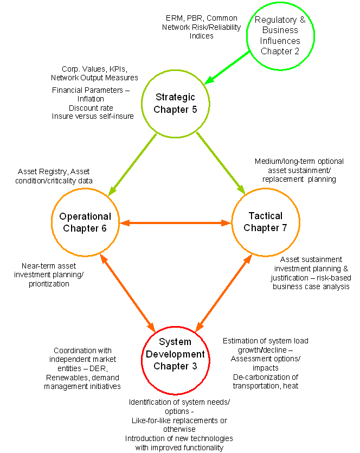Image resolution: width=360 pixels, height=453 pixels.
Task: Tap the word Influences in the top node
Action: tap(280, 41)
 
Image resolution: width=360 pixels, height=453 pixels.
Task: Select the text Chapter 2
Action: tap(280, 51)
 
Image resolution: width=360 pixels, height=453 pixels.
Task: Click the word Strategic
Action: tap(175, 98)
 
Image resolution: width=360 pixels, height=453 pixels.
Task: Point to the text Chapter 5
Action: tap(175, 110)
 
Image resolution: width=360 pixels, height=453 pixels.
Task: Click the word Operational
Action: tap(85, 216)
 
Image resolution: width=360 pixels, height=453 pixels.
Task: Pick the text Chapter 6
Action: tap(85, 228)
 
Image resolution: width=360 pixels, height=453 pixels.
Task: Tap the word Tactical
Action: tap(266, 216)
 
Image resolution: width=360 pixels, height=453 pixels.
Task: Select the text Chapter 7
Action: tap(266, 228)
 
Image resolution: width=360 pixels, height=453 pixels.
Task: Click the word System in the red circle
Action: tap(175, 342)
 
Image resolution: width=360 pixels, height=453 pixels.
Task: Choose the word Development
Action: tap(175, 354)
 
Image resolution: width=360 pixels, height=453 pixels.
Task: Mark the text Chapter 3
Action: tap(175, 366)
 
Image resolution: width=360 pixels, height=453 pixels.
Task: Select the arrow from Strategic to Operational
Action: tap(133, 164)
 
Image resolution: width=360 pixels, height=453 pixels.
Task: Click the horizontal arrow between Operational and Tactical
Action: tap(175, 223)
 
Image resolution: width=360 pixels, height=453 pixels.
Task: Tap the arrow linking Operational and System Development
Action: tap(128, 294)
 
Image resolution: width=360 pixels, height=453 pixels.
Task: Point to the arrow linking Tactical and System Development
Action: tap(223, 292)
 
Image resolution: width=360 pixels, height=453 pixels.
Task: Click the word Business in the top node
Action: tap(280, 30)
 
